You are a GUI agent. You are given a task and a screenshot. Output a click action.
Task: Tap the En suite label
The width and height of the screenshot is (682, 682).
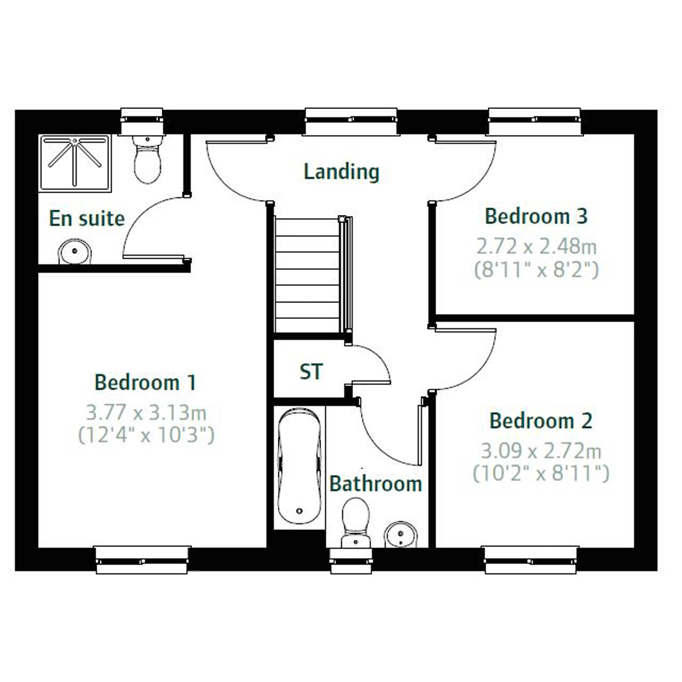pyautogui.click(x=87, y=218)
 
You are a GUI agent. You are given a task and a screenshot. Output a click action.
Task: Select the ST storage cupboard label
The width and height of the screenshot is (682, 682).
pyautogui.click(x=311, y=371)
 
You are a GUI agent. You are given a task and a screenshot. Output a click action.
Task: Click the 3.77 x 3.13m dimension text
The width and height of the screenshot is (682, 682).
pyautogui.click(x=146, y=412)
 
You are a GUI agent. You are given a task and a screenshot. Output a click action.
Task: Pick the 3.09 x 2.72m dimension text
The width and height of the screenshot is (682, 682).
pyautogui.click(x=541, y=451)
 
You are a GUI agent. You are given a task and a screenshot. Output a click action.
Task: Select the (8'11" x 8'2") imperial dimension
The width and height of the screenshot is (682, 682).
pyautogui.click(x=536, y=270)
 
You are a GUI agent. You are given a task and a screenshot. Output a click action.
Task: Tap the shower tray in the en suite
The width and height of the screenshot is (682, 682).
pyautogui.click(x=75, y=163)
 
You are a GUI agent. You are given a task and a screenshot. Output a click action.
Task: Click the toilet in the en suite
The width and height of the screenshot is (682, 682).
pyautogui.click(x=148, y=159)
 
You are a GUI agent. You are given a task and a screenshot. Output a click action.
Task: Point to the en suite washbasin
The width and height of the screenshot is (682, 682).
pyautogui.click(x=75, y=251)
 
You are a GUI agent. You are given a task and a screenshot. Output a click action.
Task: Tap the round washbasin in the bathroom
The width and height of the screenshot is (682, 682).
pyautogui.click(x=401, y=535)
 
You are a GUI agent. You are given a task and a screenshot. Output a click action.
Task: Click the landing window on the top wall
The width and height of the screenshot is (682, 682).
pyautogui.click(x=351, y=121)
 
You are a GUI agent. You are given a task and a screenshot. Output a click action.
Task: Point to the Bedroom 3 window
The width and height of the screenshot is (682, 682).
pyautogui.click(x=535, y=121)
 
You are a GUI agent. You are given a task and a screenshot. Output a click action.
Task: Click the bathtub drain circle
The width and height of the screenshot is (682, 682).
pyautogui.click(x=300, y=511)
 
